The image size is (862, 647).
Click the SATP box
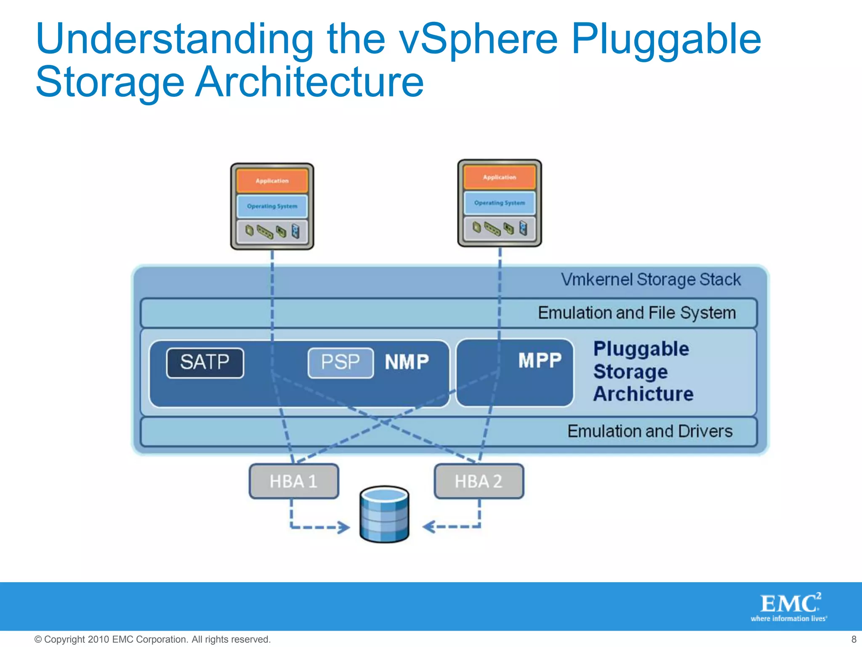coord(205,363)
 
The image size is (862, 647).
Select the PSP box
coord(341,363)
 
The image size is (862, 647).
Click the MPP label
coord(540,361)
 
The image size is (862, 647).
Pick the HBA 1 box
coord(293,481)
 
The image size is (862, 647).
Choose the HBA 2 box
coord(479,481)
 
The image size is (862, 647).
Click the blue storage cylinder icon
coord(384,515)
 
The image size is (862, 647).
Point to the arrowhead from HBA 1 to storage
coord(344,527)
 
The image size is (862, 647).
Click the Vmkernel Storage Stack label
coord(651,280)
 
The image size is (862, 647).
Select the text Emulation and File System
coord(636,313)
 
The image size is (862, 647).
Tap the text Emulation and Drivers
coord(649,431)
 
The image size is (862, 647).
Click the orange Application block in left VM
coord(272,181)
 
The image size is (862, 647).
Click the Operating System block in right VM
coord(499,203)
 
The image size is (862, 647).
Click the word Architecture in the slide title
coord(310,82)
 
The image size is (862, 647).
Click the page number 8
coord(853,639)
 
